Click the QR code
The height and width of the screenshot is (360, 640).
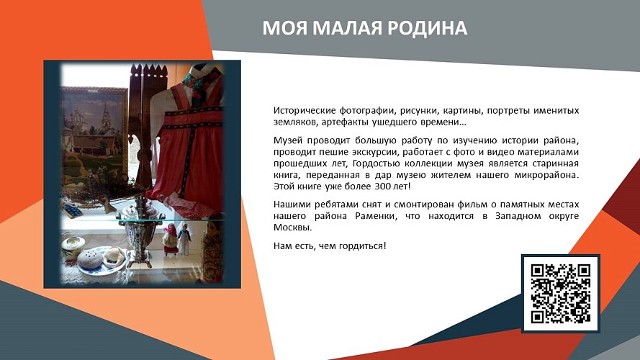[560, 293]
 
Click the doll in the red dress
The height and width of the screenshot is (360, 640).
[171, 238]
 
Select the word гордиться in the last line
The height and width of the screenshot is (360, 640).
[362, 246]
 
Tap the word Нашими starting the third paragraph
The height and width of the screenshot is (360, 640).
[292, 205]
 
